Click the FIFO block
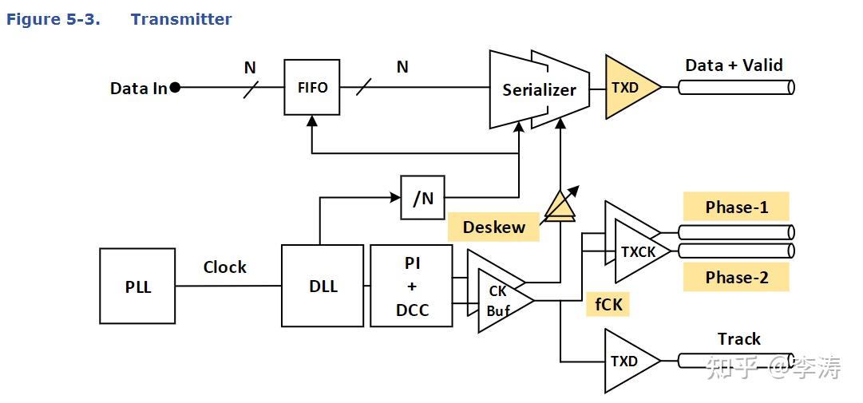[311, 88]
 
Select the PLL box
[137, 286]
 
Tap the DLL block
[323, 286]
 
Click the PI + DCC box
[412, 286]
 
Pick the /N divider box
[422, 198]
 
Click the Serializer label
[540, 90]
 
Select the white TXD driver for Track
[632, 362]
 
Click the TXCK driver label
[639, 252]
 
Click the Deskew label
[494, 227]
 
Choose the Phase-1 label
[736, 207]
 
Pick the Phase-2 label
[736, 277]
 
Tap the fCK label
[608, 304]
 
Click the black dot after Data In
[175, 88]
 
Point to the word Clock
[224, 267]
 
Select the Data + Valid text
[734, 65]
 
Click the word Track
[738, 338]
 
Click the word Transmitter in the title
[181, 19]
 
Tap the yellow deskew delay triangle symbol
[559, 206]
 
